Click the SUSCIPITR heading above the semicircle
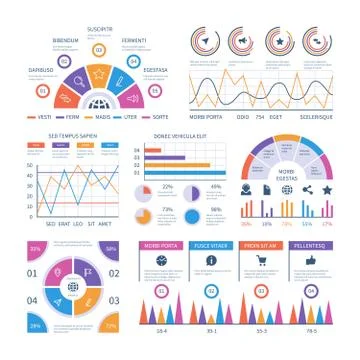coord(100,30)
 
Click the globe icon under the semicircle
coord(100,102)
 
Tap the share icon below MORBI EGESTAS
coord(308,189)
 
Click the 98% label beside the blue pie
coord(216,209)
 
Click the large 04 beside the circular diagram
coord(31,299)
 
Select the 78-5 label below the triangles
coord(311,331)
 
